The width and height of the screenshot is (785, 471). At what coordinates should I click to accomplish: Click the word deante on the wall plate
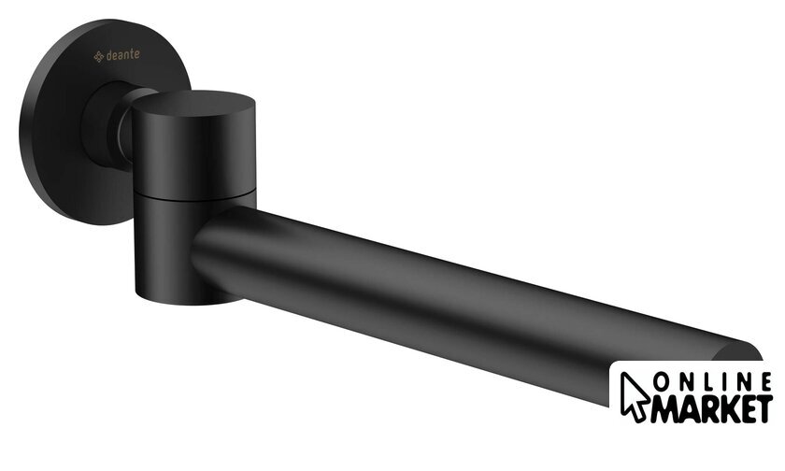click(123, 55)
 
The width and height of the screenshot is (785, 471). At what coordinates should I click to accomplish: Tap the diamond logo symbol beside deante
click(99, 57)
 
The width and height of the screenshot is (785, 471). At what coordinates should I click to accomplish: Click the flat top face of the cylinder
click(193, 103)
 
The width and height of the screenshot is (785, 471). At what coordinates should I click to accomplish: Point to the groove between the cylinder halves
click(196, 195)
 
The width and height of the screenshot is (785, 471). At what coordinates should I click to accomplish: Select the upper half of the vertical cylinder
click(194, 145)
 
